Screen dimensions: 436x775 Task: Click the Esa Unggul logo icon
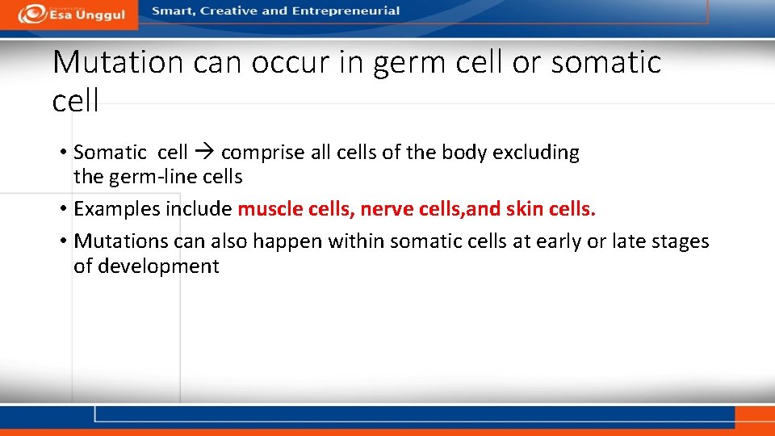pyautogui.click(x=33, y=13)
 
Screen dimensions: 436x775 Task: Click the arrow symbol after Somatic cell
pyautogui.click(x=204, y=153)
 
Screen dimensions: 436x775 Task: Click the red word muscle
pyautogui.click(x=271, y=209)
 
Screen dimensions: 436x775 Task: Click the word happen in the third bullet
pyautogui.click(x=279, y=241)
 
